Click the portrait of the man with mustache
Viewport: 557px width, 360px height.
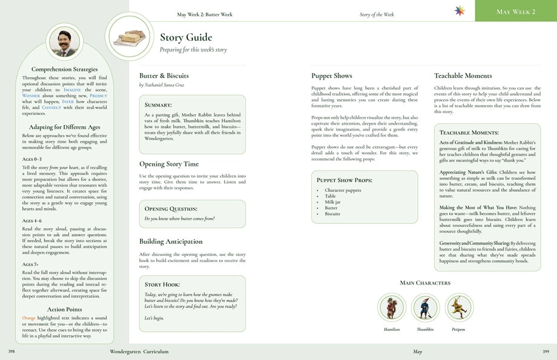tap(65, 42)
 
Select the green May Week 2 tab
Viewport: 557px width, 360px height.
tap(516, 11)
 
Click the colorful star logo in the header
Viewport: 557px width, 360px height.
tap(460, 11)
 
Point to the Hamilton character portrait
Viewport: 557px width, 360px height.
tap(392, 307)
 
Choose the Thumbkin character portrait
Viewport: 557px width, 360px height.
tap(425, 307)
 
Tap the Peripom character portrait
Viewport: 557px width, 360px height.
tap(458, 307)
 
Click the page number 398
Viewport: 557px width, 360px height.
tap(12, 351)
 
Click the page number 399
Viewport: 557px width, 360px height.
tap(545, 351)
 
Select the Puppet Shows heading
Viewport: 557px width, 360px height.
tap(331, 76)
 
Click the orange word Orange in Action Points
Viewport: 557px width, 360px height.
tap(28, 317)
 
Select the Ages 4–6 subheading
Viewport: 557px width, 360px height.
tap(31, 221)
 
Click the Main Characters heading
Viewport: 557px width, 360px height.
tap(425, 283)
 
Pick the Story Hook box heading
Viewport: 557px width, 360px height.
tap(162, 284)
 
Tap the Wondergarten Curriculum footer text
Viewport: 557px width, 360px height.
tap(139, 351)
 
